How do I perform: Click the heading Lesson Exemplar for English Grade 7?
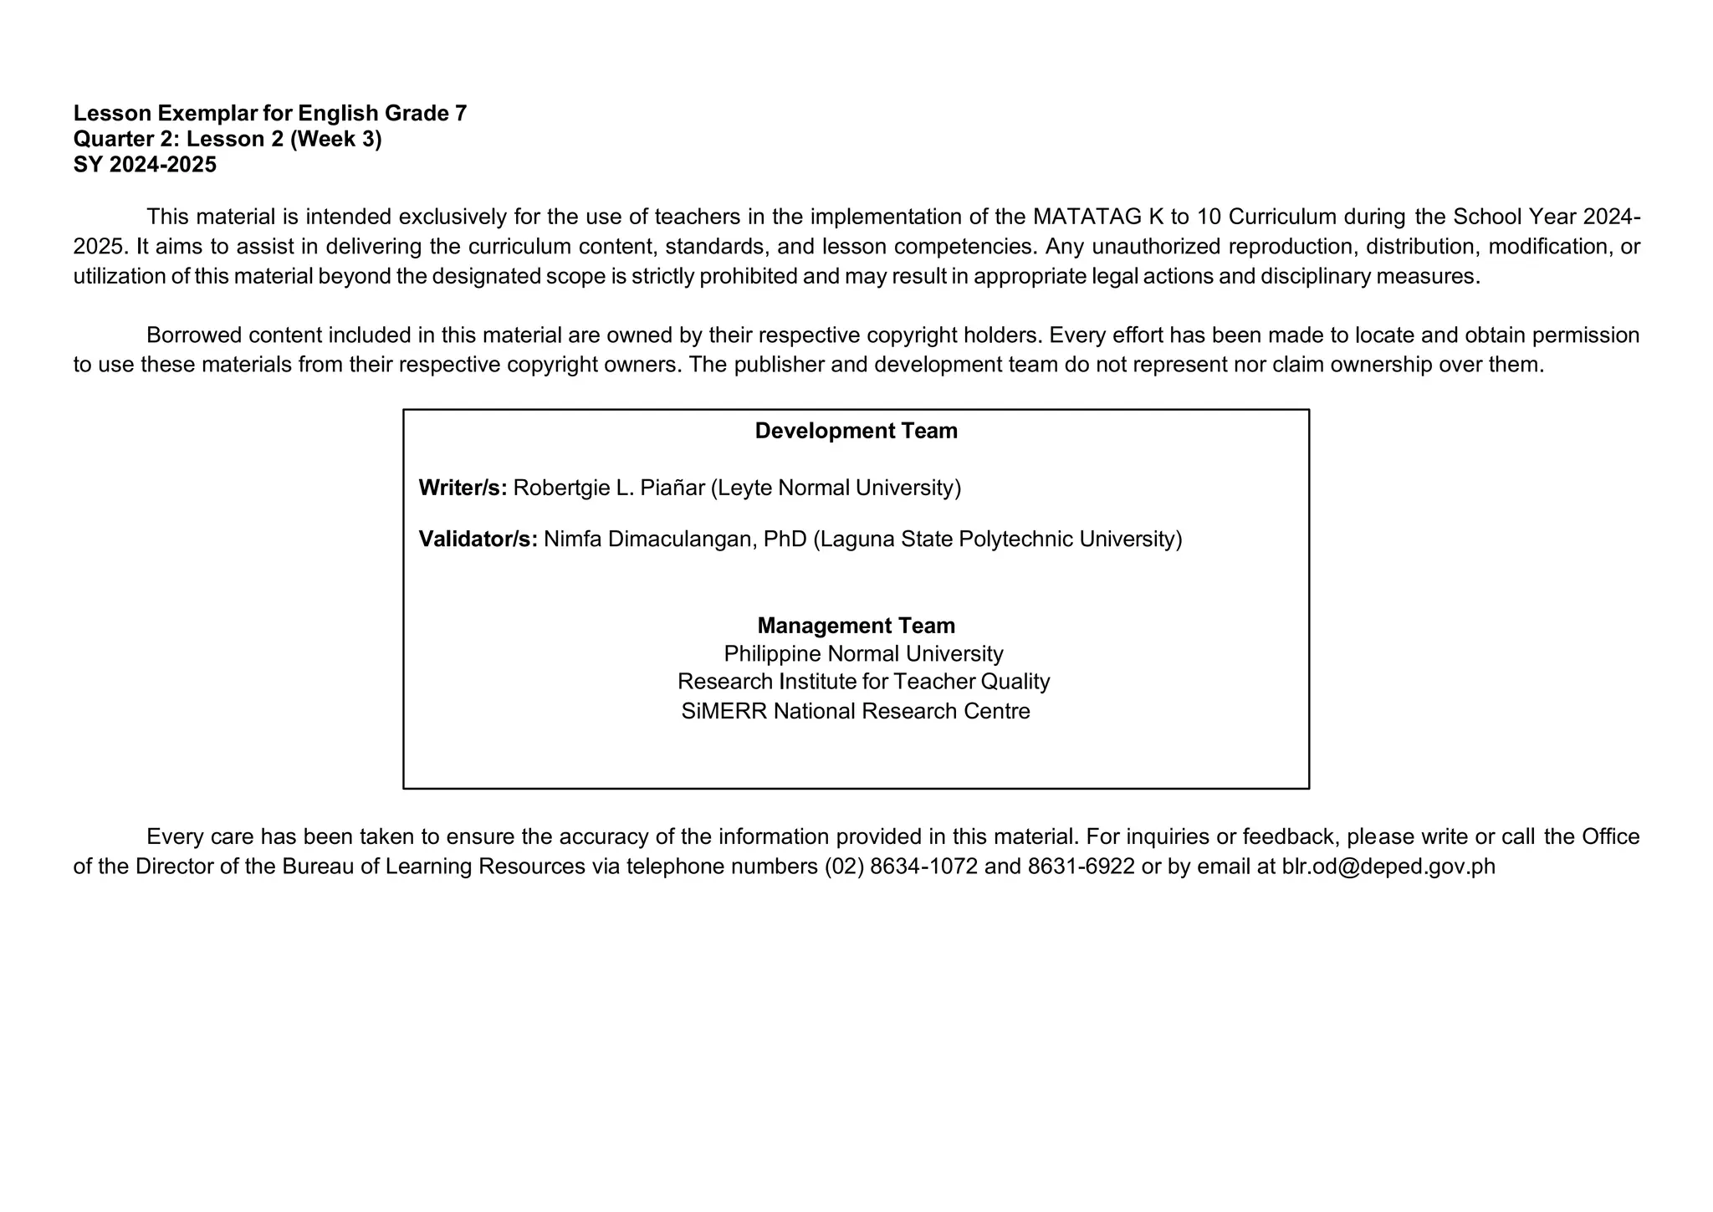pos(269,114)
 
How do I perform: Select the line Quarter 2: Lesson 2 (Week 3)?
pos(228,139)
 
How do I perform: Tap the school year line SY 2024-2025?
pos(145,165)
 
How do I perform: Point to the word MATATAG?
pos(1087,217)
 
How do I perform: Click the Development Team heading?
pos(856,431)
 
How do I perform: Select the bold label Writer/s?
pos(463,488)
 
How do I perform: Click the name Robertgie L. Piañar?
pos(609,488)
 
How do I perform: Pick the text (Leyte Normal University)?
pos(836,488)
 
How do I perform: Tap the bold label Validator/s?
pos(478,540)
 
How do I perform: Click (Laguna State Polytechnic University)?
pos(997,540)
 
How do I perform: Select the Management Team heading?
pos(856,626)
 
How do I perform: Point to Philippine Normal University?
pos(863,653)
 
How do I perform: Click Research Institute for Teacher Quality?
pos(863,682)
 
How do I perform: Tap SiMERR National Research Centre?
pos(856,711)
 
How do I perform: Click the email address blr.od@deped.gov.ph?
pos(1388,867)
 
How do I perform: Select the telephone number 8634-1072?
pos(923,867)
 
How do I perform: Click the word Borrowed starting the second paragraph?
pos(194,335)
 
